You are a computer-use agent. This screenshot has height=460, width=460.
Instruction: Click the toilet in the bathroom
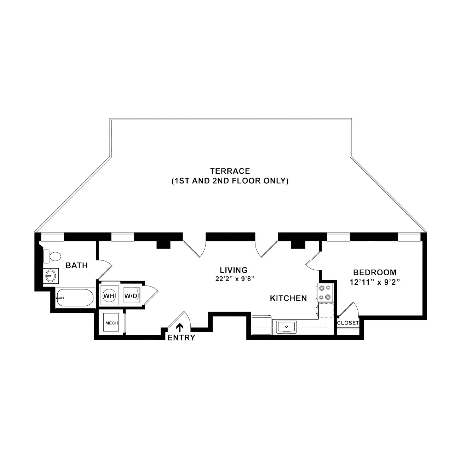click(52, 257)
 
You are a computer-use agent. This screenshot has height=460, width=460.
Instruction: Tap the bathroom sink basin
click(51, 276)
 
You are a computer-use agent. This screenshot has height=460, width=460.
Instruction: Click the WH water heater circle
click(109, 296)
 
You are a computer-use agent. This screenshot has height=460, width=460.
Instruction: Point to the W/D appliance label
click(131, 296)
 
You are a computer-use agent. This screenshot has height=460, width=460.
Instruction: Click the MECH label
click(112, 323)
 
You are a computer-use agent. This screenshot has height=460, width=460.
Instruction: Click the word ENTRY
click(182, 338)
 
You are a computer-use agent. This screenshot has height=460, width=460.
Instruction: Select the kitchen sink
click(287, 327)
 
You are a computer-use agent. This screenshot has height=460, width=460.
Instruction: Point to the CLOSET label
click(348, 323)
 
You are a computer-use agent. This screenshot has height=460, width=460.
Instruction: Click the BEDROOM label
click(375, 272)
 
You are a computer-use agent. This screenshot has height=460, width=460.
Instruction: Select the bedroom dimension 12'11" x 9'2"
click(375, 282)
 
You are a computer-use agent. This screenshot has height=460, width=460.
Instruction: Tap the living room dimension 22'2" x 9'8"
click(234, 279)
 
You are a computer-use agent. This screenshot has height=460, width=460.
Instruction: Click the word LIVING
click(234, 270)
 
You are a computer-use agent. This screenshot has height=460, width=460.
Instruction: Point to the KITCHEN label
click(288, 298)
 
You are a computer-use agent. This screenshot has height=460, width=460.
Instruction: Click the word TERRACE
click(230, 171)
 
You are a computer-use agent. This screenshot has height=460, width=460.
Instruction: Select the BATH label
click(77, 265)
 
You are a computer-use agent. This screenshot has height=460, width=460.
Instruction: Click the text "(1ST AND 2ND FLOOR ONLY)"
click(230, 181)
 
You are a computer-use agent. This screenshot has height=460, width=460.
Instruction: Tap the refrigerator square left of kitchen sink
click(261, 325)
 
